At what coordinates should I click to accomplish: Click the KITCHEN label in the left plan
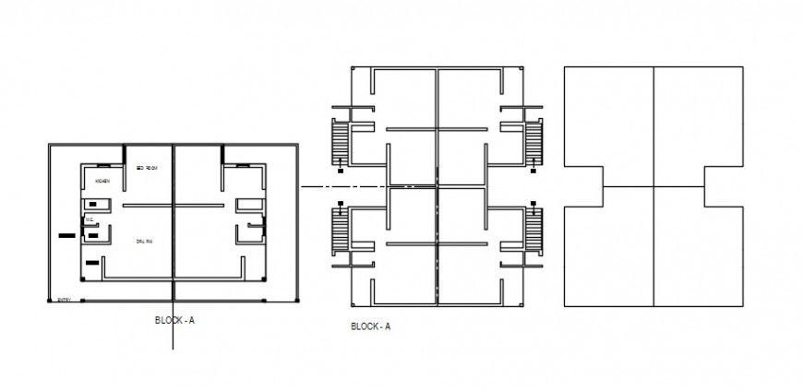pos(102,181)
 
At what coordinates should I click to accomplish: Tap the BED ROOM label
pos(148,168)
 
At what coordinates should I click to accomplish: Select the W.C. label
pos(90,219)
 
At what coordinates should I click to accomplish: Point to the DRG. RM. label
pos(143,242)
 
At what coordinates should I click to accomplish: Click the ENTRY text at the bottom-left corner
pos(64,300)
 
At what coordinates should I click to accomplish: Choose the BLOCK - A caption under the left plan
pos(174,320)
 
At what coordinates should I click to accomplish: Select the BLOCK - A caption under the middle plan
pos(370,326)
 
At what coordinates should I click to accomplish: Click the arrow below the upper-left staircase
pos(340,165)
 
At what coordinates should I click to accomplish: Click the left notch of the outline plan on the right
pos(584,187)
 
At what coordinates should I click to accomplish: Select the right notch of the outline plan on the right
pos(724,187)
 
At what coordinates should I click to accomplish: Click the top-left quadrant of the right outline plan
pos(609,115)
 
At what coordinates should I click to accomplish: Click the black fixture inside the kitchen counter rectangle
pos(93,204)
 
